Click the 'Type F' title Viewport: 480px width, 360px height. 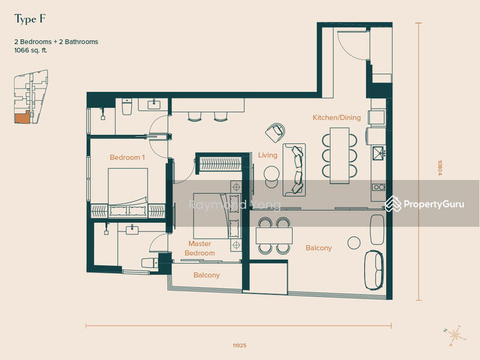(x=29, y=19)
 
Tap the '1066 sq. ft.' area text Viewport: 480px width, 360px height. (x=31, y=50)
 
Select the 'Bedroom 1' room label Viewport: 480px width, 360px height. (x=127, y=157)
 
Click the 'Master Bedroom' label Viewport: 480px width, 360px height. (x=200, y=248)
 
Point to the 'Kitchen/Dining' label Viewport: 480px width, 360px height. (x=337, y=118)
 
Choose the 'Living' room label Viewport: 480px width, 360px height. (x=268, y=155)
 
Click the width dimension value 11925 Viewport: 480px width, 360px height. (x=239, y=346)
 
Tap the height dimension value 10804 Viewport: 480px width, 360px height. (x=440, y=167)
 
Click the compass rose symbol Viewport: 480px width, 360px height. (x=455, y=335)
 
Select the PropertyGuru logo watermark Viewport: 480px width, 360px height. (x=425, y=204)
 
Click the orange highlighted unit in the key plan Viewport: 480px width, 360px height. (x=22, y=118)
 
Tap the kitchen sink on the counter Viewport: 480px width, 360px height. (x=379, y=153)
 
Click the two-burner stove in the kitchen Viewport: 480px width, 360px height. (x=379, y=187)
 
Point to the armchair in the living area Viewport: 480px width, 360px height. (x=275, y=132)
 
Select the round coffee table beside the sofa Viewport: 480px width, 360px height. (x=272, y=173)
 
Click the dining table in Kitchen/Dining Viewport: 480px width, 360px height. (x=340, y=155)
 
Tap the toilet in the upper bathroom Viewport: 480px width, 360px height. (x=127, y=106)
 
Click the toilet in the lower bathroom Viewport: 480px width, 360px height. (x=149, y=263)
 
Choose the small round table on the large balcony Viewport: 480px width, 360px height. (x=354, y=242)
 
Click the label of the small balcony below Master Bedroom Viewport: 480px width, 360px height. (x=206, y=275)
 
